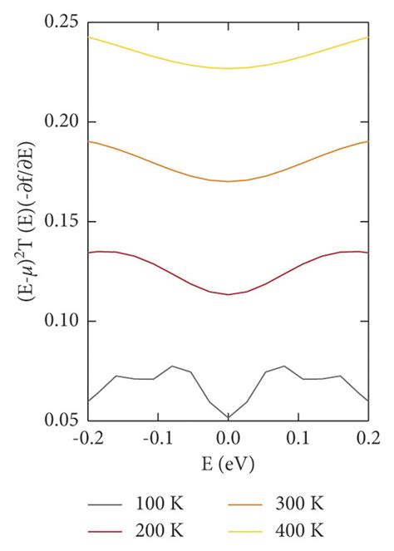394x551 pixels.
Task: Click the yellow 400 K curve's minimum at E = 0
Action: pos(228,68)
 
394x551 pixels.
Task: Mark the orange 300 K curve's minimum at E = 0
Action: pos(228,181)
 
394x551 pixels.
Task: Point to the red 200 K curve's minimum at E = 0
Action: pos(228,294)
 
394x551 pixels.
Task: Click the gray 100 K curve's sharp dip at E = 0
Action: pos(228,416)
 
